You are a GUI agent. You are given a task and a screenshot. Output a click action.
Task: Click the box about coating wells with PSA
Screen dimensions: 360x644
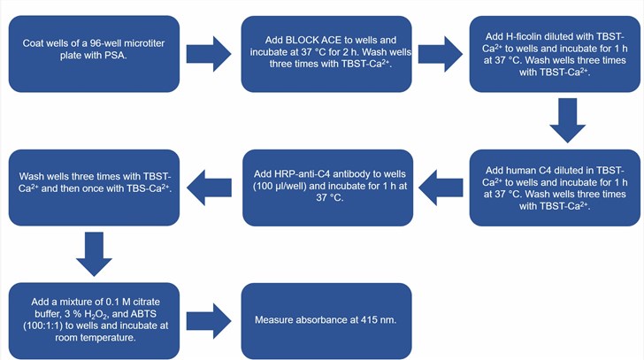(94, 54)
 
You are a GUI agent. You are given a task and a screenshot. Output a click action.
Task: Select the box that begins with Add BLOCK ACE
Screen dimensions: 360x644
(326, 54)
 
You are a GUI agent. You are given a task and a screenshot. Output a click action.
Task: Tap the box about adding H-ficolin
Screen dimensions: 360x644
(554, 54)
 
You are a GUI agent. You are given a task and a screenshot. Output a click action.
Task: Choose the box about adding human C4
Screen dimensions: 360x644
(554, 187)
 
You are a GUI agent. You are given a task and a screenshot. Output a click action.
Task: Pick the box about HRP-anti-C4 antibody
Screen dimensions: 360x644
(326, 187)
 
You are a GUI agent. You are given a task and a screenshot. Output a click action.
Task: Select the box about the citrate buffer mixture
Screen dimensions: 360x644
(94, 319)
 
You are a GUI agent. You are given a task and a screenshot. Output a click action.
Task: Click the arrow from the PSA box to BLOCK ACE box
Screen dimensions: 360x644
(210, 54)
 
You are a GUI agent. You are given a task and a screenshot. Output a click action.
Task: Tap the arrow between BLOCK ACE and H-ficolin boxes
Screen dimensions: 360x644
(440, 54)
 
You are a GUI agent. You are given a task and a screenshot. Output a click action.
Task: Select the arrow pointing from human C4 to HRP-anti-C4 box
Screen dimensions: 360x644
(440, 187)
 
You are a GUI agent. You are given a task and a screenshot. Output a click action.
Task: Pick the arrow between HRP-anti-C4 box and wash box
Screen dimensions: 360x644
(210, 187)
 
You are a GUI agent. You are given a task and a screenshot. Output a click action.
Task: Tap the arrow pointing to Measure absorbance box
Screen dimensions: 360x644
(210, 319)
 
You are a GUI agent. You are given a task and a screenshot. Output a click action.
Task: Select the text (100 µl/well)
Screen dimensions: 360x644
(281, 187)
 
